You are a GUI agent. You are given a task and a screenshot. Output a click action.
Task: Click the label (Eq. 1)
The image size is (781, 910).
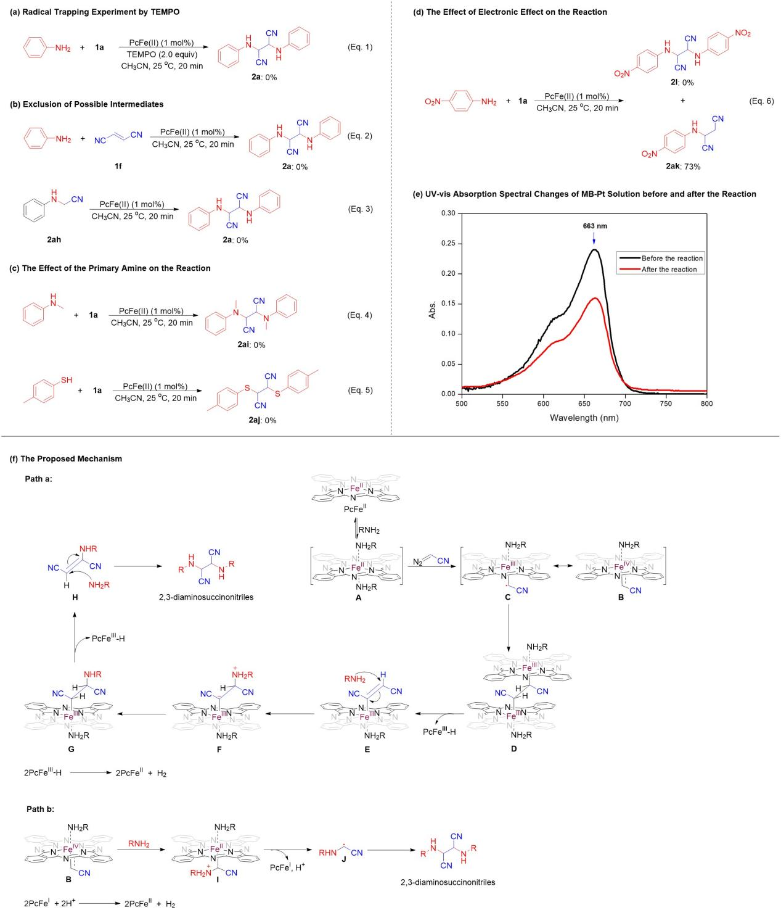pyautogui.click(x=360, y=47)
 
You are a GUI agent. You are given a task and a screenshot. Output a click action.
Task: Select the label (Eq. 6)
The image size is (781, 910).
pyautogui.click(x=761, y=101)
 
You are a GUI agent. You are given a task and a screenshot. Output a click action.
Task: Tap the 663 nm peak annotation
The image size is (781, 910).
pyautogui.click(x=595, y=226)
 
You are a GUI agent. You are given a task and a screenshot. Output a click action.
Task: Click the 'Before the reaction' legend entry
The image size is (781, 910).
pyautogui.click(x=672, y=259)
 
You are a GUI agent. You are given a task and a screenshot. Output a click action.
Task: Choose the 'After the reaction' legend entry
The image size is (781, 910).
pyautogui.click(x=669, y=270)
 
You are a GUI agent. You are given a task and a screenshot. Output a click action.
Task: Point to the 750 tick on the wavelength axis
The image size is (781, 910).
pyautogui.click(x=666, y=403)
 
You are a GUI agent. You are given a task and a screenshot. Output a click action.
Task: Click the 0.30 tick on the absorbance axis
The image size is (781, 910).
pyautogui.click(x=448, y=213)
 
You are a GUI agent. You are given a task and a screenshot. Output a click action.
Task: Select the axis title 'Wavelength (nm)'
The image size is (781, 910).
pyautogui.click(x=584, y=418)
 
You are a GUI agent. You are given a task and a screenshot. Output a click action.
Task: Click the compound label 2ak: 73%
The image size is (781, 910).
pyautogui.click(x=683, y=167)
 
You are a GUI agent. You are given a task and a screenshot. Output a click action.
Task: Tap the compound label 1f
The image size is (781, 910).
pyautogui.click(x=118, y=166)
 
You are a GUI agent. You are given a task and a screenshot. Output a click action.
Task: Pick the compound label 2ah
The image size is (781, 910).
pyautogui.click(x=54, y=240)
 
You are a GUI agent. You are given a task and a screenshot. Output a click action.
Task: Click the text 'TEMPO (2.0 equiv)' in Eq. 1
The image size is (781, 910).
pyautogui.click(x=162, y=54)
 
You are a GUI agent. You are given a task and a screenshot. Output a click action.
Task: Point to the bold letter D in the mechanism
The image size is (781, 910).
pyautogui.click(x=513, y=749)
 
